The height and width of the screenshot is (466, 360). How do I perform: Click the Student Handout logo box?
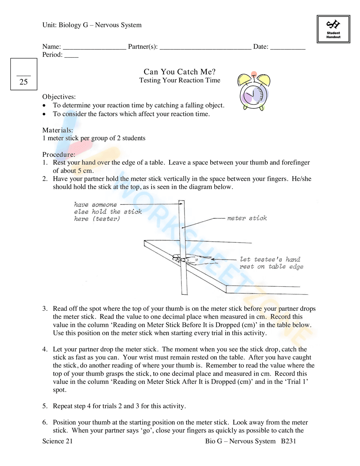click(333, 29)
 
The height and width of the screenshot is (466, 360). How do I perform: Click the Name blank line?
click(94, 48)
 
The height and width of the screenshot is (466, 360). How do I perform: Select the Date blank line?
click(288, 48)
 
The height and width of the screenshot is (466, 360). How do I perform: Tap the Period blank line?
click(71, 56)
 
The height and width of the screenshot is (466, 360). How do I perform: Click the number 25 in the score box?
click(24, 82)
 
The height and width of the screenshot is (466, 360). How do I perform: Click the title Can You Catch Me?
click(180, 72)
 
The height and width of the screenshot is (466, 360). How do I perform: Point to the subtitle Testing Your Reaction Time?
click(180, 80)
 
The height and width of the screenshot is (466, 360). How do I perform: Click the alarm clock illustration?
click(254, 91)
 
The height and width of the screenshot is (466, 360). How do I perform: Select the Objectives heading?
click(59, 97)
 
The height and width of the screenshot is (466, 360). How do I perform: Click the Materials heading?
click(58, 130)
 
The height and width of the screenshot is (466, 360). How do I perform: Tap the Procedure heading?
click(59, 154)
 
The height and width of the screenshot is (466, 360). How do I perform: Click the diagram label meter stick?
click(247, 218)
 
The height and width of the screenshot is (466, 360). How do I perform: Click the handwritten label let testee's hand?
click(270, 259)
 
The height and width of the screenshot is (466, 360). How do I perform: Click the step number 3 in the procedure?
click(45, 309)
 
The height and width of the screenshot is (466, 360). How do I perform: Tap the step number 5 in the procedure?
click(45, 406)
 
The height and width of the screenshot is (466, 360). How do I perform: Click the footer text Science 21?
click(58, 441)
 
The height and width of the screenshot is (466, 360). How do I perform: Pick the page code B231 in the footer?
click(288, 441)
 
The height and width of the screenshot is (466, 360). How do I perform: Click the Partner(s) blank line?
click(205, 48)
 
